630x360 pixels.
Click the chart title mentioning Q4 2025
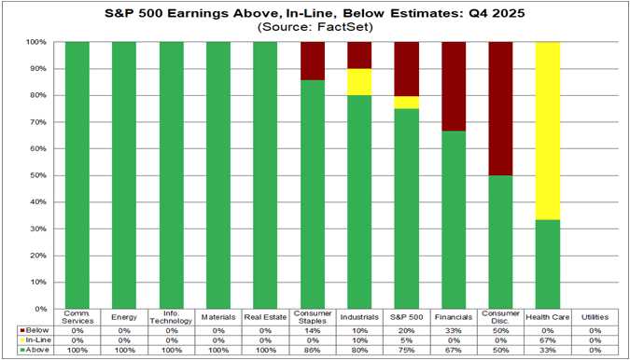pos(315,13)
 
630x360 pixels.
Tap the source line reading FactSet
pos(315,28)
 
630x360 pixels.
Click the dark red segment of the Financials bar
pos(455,87)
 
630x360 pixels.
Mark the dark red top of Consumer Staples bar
pos(313,61)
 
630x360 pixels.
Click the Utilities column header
pos(595,318)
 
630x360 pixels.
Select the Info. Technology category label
pos(172,318)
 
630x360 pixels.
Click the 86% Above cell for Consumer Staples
pos(313,350)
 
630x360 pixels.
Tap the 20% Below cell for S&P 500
pos(407,329)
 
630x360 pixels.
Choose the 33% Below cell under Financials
pos(455,329)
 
